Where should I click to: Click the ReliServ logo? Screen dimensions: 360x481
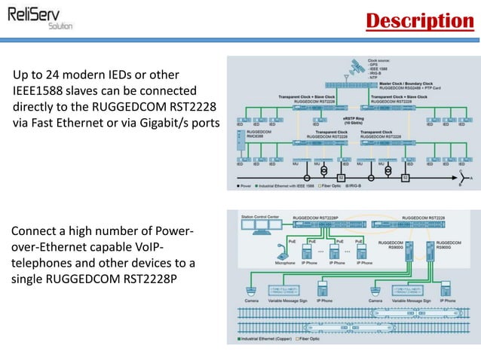(41, 16)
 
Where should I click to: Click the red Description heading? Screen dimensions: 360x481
(419, 20)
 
